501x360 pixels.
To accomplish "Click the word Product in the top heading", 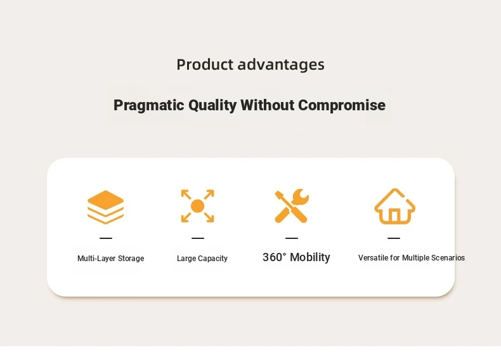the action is coord(205,64).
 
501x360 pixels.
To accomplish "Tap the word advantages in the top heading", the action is coord(281,65).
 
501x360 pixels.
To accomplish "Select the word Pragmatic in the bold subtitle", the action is coord(149,105).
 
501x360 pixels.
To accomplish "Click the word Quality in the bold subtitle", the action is coord(212,105).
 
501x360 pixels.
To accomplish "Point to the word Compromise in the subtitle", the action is coord(342,105).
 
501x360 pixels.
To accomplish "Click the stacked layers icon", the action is coord(105,207).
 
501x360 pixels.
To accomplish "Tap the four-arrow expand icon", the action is coord(197,206).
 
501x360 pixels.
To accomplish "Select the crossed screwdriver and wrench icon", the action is coord(291,206).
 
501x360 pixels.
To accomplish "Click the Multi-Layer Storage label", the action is coord(110,259).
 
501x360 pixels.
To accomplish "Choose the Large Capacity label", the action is coord(202,259).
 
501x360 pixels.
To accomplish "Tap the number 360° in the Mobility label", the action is coord(275,257).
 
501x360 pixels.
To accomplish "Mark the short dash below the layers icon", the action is coord(106,238).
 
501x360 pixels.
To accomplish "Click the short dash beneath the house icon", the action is coord(394,238).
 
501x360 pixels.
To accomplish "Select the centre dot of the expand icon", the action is coord(197,206).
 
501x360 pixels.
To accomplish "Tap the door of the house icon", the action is coord(394,215).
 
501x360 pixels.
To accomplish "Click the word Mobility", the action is coord(310,257).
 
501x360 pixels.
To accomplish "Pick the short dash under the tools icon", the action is coord(291,238).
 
